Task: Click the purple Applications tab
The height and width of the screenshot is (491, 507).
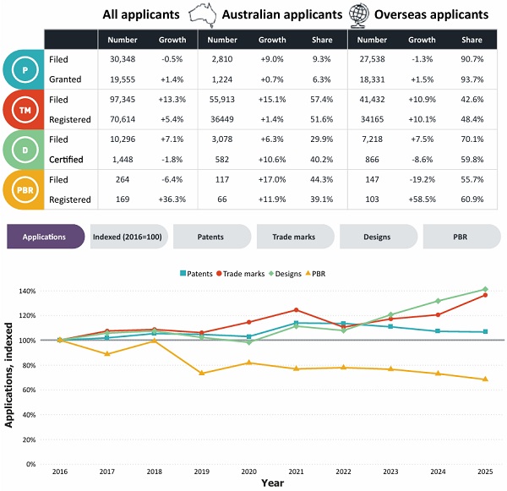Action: click(x=46, y=237)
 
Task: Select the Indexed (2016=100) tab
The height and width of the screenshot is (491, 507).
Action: click(x=128, y=237)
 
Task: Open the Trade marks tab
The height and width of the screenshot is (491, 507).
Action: click(x=295, y=237)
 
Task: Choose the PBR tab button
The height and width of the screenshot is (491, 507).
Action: click(x=461, y=237)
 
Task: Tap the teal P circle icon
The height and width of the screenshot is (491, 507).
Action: click(x=25, y=69)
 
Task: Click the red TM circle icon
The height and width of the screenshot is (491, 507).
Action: click(x=25, y=110)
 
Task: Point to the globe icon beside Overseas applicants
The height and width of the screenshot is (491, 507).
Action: click(x=359, y=15)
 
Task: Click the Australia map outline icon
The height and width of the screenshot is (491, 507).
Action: click(x=203, y=15)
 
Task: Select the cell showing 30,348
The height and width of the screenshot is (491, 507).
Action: click(x=123, y=59)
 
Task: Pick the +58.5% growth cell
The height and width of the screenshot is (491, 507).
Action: click(x=422, y=199)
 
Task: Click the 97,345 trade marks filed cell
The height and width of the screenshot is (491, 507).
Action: click(x=123, y=100)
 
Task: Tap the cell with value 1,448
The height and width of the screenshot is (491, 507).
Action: click(x=123, y=160)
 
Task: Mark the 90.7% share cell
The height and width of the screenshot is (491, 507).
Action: click(x=472, y=59)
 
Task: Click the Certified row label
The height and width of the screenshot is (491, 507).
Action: click(x=66, y=160)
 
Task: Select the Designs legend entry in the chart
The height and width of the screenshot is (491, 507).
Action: click(x=285, y=274)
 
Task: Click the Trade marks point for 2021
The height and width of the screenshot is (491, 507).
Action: click(x=296, y=310)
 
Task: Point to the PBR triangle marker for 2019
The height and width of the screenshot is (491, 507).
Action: click(x=202, y=373)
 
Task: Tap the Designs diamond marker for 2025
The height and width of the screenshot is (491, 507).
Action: click(x=485, y=289)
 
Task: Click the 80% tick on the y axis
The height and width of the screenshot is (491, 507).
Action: click(x=29, y=365)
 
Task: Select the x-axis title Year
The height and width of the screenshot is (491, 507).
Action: click(x=273, y=483)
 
